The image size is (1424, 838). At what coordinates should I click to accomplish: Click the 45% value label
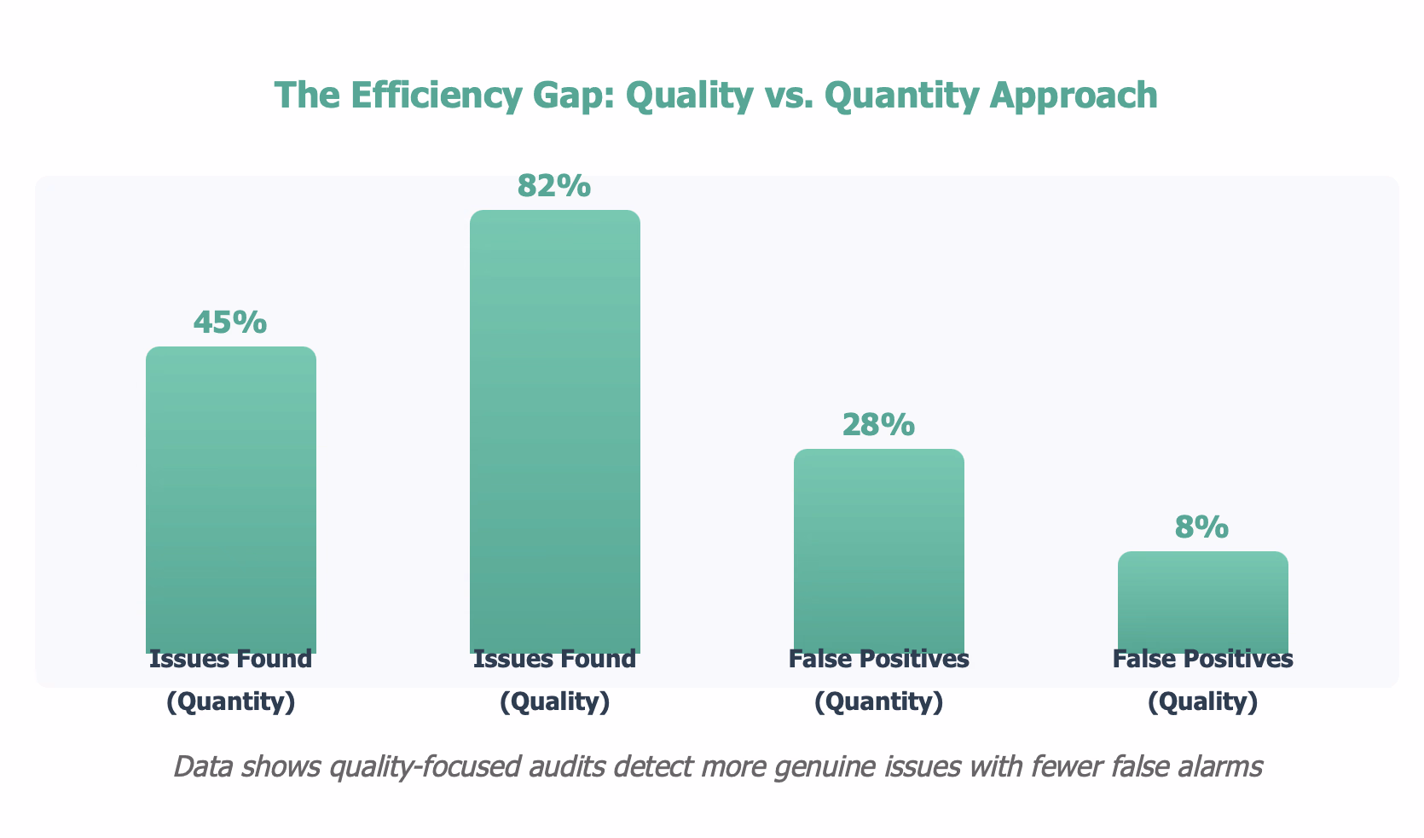pyautogui.click(x=230, y=322)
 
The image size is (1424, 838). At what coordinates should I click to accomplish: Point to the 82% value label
pyautogui.click(x=554, y=185)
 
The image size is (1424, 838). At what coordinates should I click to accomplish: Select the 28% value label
pyautogui.click(x=878, y=424)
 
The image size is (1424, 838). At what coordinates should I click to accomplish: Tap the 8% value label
pyautogui.click(x=1202, y=527)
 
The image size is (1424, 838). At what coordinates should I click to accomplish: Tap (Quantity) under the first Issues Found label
pyautogui.click(x=230, y=701)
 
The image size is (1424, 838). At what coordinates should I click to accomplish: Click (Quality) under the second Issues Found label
pyautogui.click(x=554, y=701)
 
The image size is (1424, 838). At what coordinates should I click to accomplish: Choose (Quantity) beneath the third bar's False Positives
pyautogui.click(x=878, y=701)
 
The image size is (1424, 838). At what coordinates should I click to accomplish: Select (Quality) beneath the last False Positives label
pyautogui.click(x=1202, y=701)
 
